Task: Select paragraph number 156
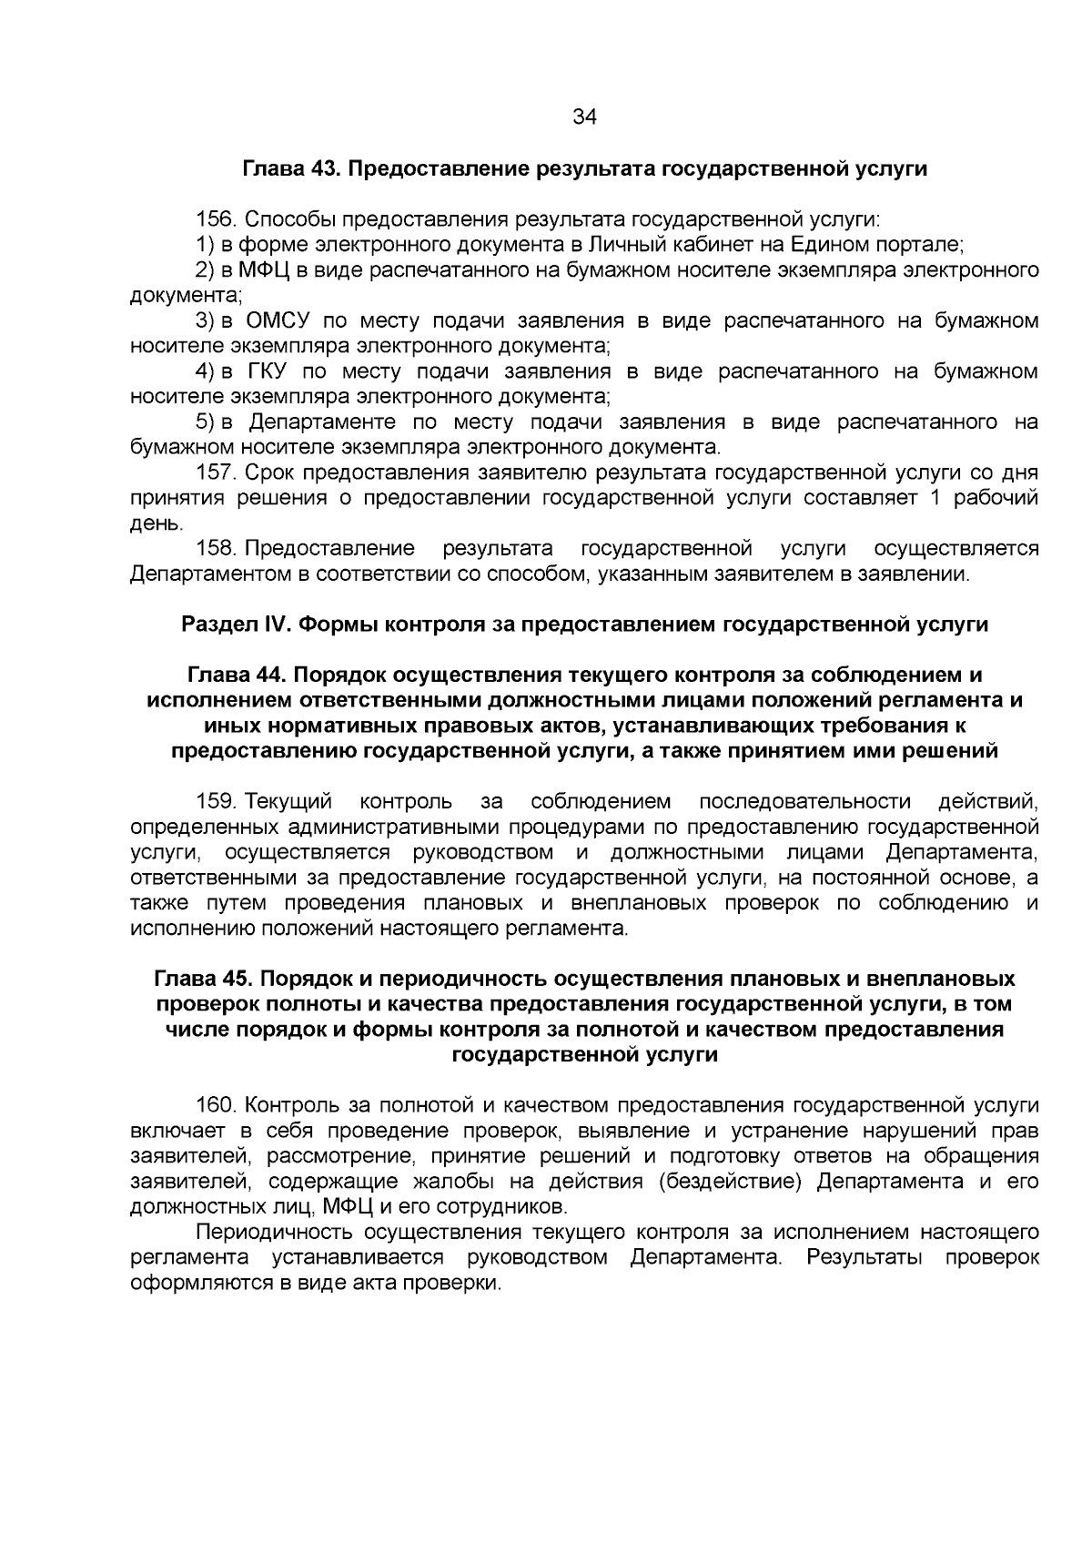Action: click(x=217, y=219)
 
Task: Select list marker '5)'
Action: click(x=205, y=422)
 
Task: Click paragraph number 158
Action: click(x=217, y=548)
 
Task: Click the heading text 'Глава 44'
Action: click(x=235, y=675)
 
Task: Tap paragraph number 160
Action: click(x=217, y=1105)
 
